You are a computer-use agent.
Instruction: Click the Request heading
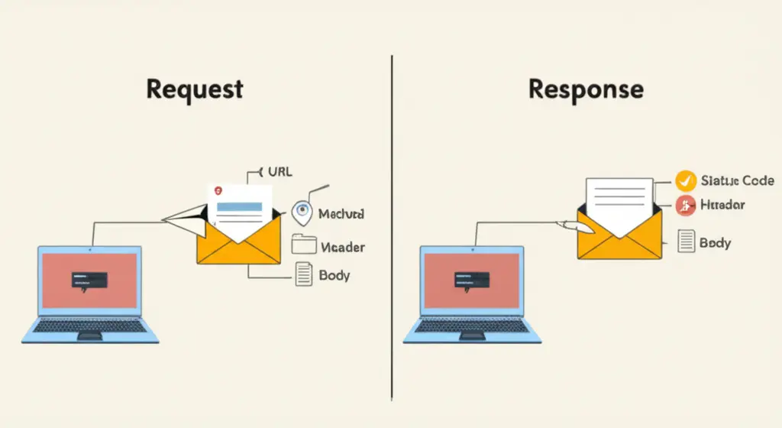coord(194,89)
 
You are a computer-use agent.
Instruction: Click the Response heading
coord(585,89)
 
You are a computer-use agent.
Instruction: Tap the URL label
coord(276,171)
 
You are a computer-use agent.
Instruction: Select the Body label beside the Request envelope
coord(334,275)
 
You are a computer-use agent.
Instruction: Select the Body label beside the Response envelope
coord(715,243)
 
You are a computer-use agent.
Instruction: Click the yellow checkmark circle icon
coord(686,180)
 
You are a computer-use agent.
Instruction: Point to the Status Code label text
coord(736,181)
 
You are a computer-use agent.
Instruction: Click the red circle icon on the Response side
coord(686,205)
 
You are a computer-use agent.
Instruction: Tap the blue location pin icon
coord(302,213)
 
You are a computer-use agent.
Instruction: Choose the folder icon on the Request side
coord(304,245)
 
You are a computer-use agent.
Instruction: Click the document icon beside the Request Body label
coord(304,274)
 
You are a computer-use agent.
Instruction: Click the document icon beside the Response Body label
coord(686,242)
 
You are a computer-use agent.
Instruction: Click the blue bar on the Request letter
coord(239,206)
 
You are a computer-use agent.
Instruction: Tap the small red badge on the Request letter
coord(218,188)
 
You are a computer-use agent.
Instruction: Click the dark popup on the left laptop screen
coord(89,280)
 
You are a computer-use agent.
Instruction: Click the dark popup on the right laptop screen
coord(470,280)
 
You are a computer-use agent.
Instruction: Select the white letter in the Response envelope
coord(619,200)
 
